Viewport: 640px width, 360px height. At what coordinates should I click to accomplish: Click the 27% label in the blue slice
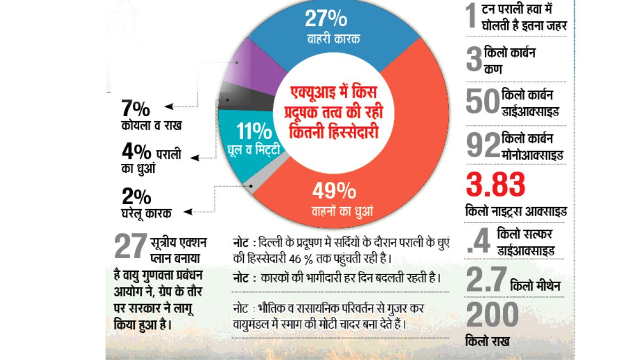[326, 19]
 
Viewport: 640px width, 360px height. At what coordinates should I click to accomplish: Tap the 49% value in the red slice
[334, 190]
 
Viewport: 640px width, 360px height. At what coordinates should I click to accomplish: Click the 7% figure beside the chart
[136, 109]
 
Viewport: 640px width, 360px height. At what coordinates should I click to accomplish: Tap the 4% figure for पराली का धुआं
[137, 153]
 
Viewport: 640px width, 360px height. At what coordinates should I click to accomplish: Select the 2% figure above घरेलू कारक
[136, 197]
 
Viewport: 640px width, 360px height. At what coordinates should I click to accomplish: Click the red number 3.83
[495, 186]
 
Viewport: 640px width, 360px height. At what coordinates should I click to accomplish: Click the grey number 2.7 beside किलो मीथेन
[485, 279]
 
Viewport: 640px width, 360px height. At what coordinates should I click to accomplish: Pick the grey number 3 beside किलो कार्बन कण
[474, 60]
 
